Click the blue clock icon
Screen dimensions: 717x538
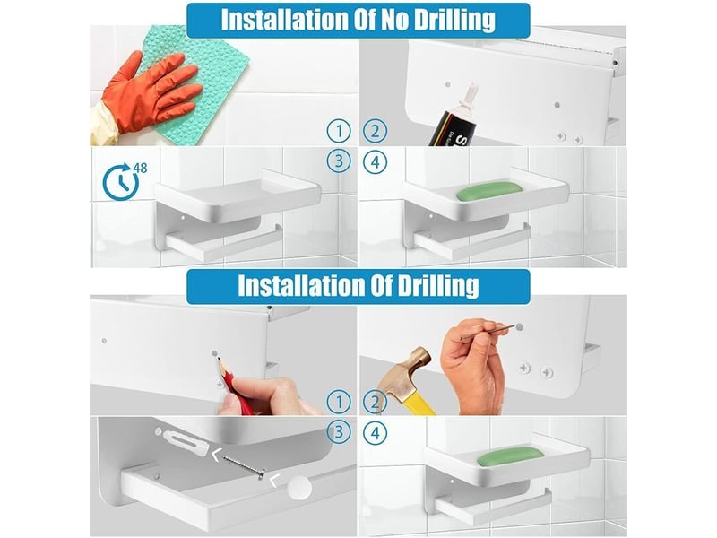(x=121, y=182)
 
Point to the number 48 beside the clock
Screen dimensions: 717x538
(x=141, y=169)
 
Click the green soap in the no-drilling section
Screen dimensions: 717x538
(x=489, y=191)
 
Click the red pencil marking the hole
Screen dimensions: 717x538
(x=233, y=385)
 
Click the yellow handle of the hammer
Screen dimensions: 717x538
(x=419, y=399)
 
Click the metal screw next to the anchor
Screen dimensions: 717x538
(x=244, y=467)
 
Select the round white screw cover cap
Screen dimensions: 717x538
(x=299, y=488)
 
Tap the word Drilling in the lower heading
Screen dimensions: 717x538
(x=438, y=285)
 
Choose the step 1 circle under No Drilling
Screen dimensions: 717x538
(x=339, y=131)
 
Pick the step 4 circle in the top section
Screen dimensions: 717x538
(x=375, y=162)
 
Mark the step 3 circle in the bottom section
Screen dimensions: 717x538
(x=339, y=432)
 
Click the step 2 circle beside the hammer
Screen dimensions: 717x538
(x=375, y=402)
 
